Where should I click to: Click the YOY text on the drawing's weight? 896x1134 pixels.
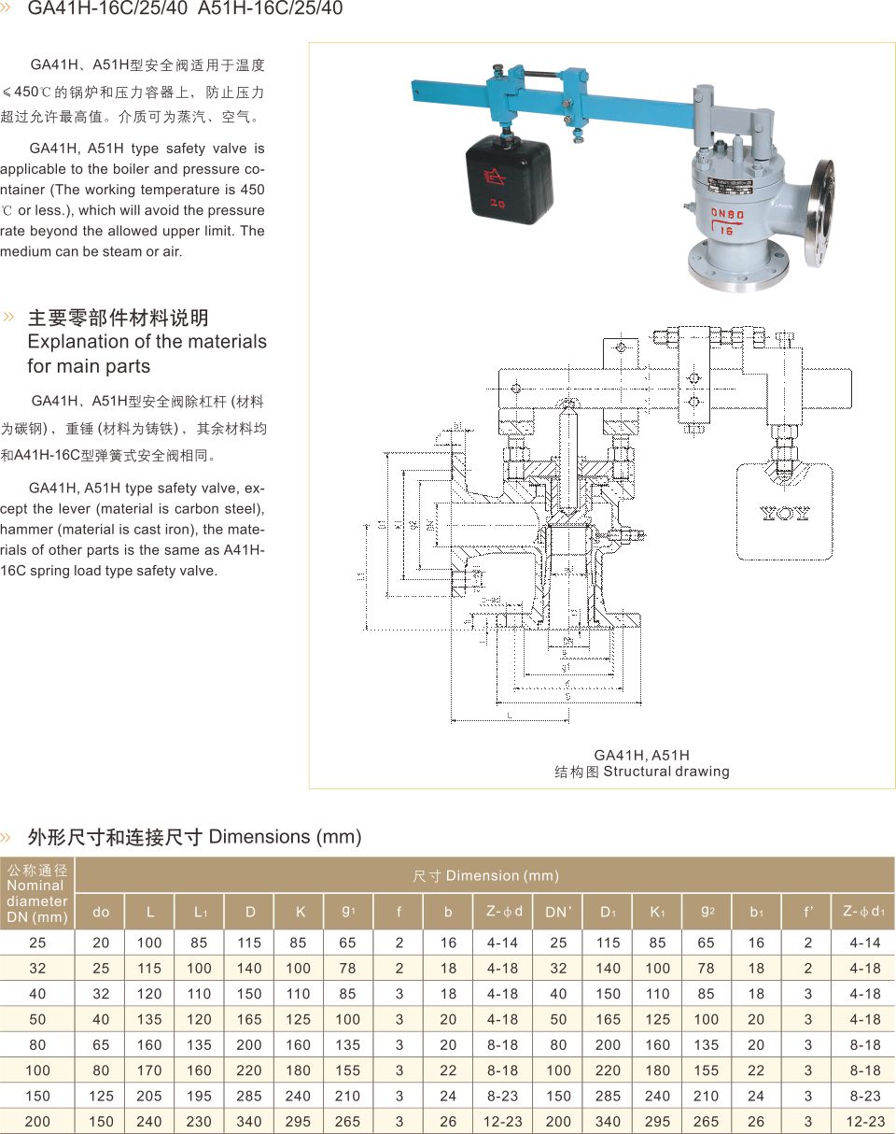click(784, 513)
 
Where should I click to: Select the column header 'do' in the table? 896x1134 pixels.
click(101, 912)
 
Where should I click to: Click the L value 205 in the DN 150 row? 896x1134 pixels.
click(149, 1096)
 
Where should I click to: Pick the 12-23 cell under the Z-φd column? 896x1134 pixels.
click(504, 1121)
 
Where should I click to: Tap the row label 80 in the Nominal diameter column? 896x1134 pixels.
click(37, 1044)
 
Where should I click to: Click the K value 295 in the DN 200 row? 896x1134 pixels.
click(299, 1121)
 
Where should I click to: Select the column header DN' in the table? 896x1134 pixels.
click(558, 912)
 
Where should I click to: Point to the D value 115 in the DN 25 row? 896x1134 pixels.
click(249, 943)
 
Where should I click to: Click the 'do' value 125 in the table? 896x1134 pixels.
click(101, 1096)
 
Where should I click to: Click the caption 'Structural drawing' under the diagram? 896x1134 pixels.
click(666, 772)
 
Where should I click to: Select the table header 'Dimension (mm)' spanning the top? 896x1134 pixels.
click(485, 875)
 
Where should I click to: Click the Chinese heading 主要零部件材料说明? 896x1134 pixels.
click(119, 318)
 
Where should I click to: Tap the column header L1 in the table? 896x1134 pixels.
click(200, 912)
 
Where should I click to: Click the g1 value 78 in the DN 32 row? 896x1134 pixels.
click(348, 968)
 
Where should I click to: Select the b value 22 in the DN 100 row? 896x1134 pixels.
click(448, 1070)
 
